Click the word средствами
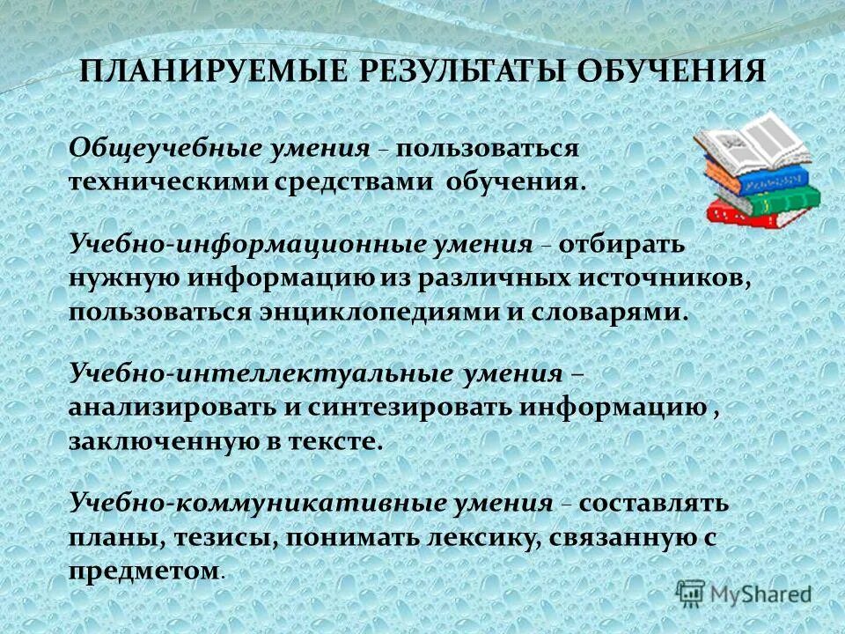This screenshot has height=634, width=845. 349,183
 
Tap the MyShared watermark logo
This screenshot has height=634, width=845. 743,594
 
